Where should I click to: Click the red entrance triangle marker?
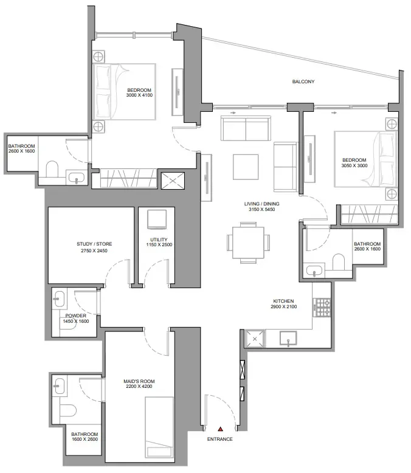tap(221, 429)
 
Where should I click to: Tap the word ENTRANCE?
tap(219, 439)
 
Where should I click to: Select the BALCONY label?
tap(303, 81)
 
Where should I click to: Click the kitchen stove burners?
tap(322, 308)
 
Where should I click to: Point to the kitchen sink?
tap(288, 338)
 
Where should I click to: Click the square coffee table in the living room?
tap(246, 167)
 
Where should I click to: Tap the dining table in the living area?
tap(248, 242)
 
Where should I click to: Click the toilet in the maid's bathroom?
tap(68, 410)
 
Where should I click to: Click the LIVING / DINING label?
tap(261, 204)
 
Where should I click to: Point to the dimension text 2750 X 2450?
tap(94, 250)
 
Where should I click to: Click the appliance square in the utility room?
tap(157, 219)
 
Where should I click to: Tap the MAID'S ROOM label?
tap(139, 381)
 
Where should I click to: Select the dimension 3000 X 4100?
tap(139, 95)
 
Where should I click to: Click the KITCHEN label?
tap(283, 301)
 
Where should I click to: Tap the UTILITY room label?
tap(159, 240)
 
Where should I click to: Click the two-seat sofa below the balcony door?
tap(246, 128)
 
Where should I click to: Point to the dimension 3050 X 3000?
tap(354, 165)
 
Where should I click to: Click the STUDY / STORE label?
tap(94, 244)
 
